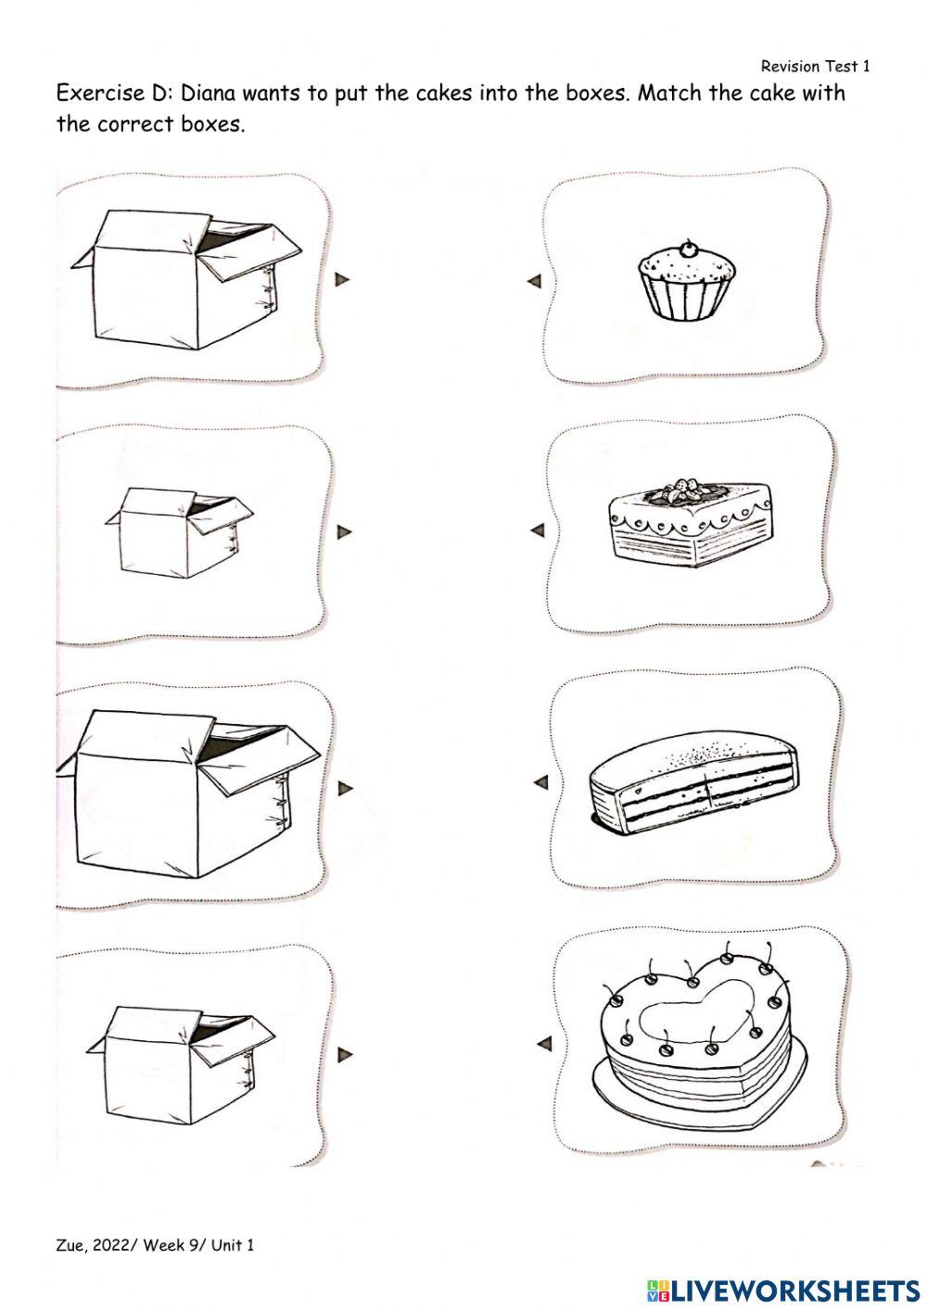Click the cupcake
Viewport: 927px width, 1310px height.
pos(686,283)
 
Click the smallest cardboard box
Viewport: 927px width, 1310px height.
pos(179,533)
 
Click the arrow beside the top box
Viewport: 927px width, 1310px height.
pos(342,280)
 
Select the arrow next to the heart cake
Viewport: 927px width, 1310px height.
pos(544,1043)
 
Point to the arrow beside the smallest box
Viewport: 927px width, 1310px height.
pos(345,531)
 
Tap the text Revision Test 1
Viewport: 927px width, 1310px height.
pos(815,66)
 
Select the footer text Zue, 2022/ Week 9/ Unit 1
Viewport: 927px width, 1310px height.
pos(155,1245)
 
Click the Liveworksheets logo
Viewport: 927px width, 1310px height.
pos(783,1289)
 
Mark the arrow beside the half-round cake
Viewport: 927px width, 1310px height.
pos(541,782)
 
